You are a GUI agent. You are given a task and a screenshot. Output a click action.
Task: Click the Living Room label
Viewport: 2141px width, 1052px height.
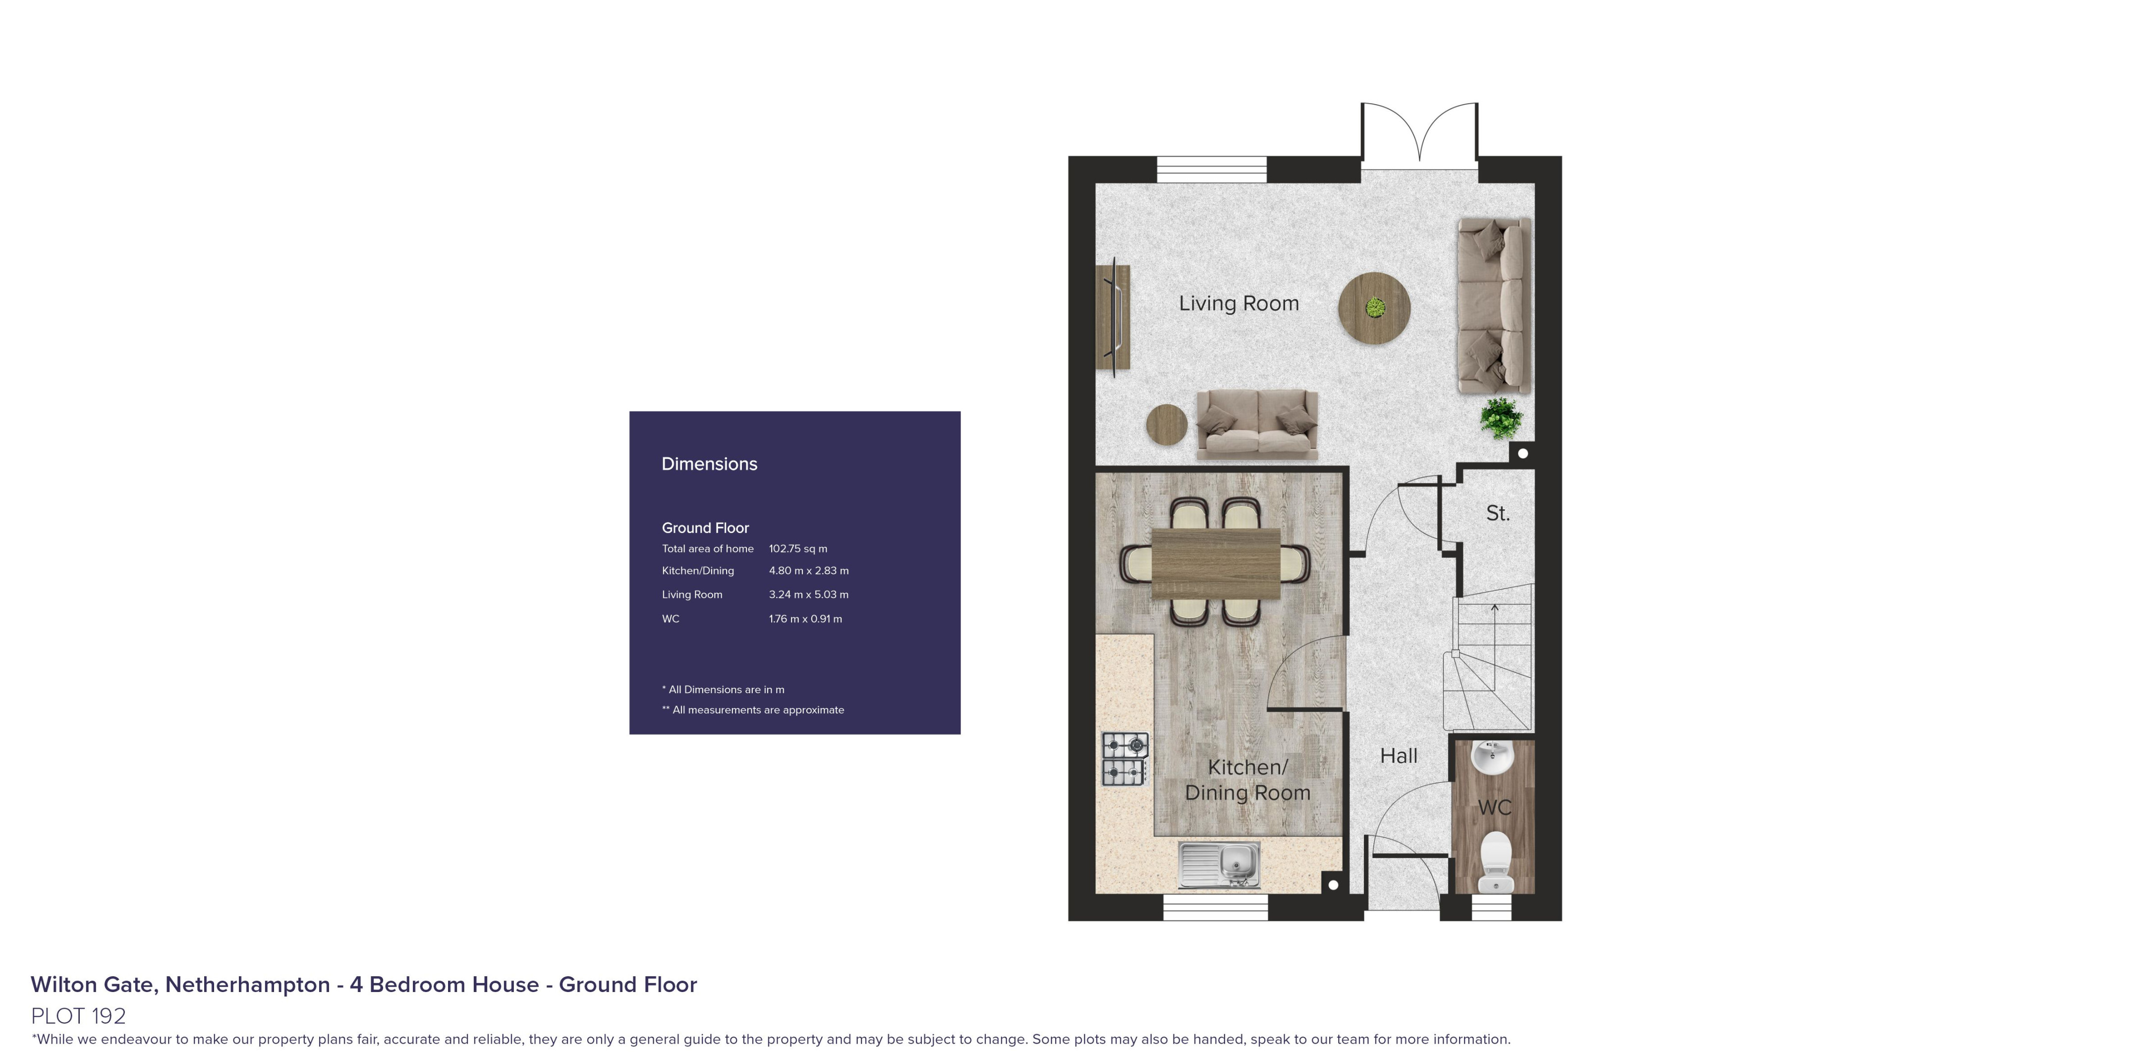point(1239,303)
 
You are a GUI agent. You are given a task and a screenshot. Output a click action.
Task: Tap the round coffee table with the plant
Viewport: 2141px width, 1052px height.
point(1374,308)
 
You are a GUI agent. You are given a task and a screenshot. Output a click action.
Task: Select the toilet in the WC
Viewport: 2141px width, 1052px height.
point(1495,861)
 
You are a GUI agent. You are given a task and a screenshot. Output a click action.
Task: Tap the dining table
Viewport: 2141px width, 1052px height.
point(1216,563)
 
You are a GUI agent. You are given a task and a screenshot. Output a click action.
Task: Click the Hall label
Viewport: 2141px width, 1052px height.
point(1399,756)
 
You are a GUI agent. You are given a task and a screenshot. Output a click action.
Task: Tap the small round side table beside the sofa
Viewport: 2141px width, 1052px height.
point(1166,424)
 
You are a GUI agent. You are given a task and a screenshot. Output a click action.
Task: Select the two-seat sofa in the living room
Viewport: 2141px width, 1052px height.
point(1257,425)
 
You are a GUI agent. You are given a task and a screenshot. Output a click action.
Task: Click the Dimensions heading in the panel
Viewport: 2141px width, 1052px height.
point(709,464)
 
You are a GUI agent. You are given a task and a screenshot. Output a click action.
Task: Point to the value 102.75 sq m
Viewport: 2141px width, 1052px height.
point(798,549)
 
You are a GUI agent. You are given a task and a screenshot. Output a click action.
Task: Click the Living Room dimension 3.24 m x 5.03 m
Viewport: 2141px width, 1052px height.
point(808,594)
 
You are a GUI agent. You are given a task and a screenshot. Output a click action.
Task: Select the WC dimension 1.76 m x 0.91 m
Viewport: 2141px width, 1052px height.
point(804,619)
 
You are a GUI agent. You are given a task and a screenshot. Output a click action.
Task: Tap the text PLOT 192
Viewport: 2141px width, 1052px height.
point(78,1015)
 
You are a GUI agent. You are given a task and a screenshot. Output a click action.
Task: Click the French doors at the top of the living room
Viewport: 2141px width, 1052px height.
point(1419,133)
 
